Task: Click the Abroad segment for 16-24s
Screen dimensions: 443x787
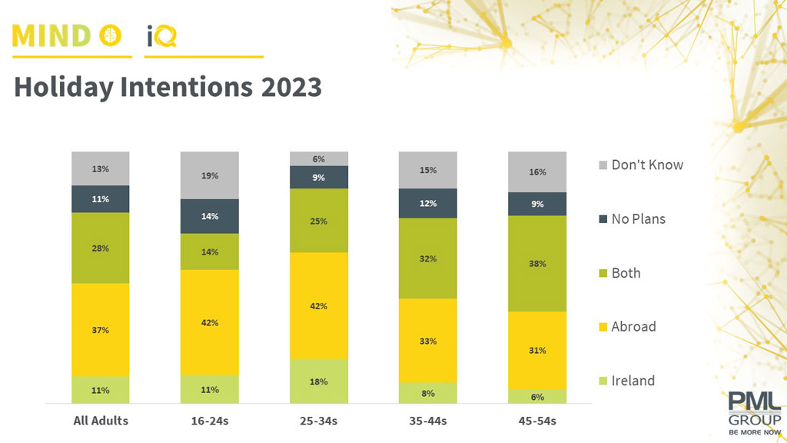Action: click(x=210, y=322)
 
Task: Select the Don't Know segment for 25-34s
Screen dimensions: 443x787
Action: click(x=319, y=158)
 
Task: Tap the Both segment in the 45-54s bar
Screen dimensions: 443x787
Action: click(x=537, y=264)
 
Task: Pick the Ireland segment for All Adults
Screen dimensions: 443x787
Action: click(x=101, y=390)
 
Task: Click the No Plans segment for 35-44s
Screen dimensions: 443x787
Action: click(x=428, y=204)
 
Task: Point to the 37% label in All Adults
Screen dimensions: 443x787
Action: click(x=101, y=330)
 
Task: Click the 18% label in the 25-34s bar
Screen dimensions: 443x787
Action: click(x=319, y=381)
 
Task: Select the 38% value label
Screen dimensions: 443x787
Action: click(x=537, y=264)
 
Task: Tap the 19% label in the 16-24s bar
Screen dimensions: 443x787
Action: click(x=210, y=175)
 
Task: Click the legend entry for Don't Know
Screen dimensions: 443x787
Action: click(x=646, y=165)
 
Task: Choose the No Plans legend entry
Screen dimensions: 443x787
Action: click(x=638, y=218)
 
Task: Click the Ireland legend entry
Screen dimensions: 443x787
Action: click(x=633, y=381)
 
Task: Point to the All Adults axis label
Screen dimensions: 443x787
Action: click(x=101, y=421)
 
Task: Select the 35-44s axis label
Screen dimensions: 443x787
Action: click(x=428, y=421)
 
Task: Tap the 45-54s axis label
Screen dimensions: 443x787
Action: click(x=537, y=421)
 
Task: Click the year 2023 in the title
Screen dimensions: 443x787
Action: click(x=291, y=87)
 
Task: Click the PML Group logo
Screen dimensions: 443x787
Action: click(x=755, y=411)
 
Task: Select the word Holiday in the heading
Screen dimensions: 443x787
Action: click(x=63, y=88)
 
